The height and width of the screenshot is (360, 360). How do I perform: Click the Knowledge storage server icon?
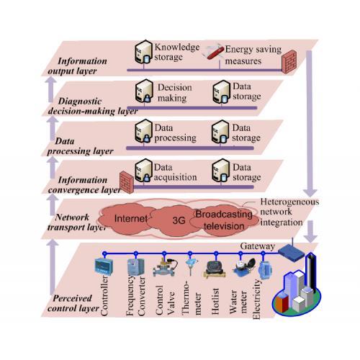(x=143, y=53)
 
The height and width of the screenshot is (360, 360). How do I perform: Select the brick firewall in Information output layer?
(x=289, y=62)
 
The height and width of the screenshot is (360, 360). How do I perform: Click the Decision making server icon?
(x=144, y=91)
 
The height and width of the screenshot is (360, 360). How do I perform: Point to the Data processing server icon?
(x=143, y=131)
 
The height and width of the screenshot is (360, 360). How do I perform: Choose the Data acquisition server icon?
(x=143, y=171)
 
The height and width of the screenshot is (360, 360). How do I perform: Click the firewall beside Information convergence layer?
(x=127, y=182)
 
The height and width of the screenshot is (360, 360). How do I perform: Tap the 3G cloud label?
(x=179, y=220)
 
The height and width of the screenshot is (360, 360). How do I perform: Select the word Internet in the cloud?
(x=131, y=218)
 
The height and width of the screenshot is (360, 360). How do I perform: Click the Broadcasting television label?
(x=224, y=220)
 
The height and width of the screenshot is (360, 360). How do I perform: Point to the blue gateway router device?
(x=291, y=252)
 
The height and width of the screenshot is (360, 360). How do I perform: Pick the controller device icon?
(x=104, y=266)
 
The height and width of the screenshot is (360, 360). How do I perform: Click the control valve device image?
(x=165, y=267)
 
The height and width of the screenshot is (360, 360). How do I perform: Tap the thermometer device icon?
(x=191, y=266)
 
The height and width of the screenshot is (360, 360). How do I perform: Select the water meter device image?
(x=243, y=267)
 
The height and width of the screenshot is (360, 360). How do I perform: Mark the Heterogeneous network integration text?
(x=289, y=212)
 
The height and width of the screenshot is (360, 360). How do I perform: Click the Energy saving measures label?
(x=253, y=55)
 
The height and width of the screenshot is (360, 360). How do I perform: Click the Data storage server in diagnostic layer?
(x=222, y=92)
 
